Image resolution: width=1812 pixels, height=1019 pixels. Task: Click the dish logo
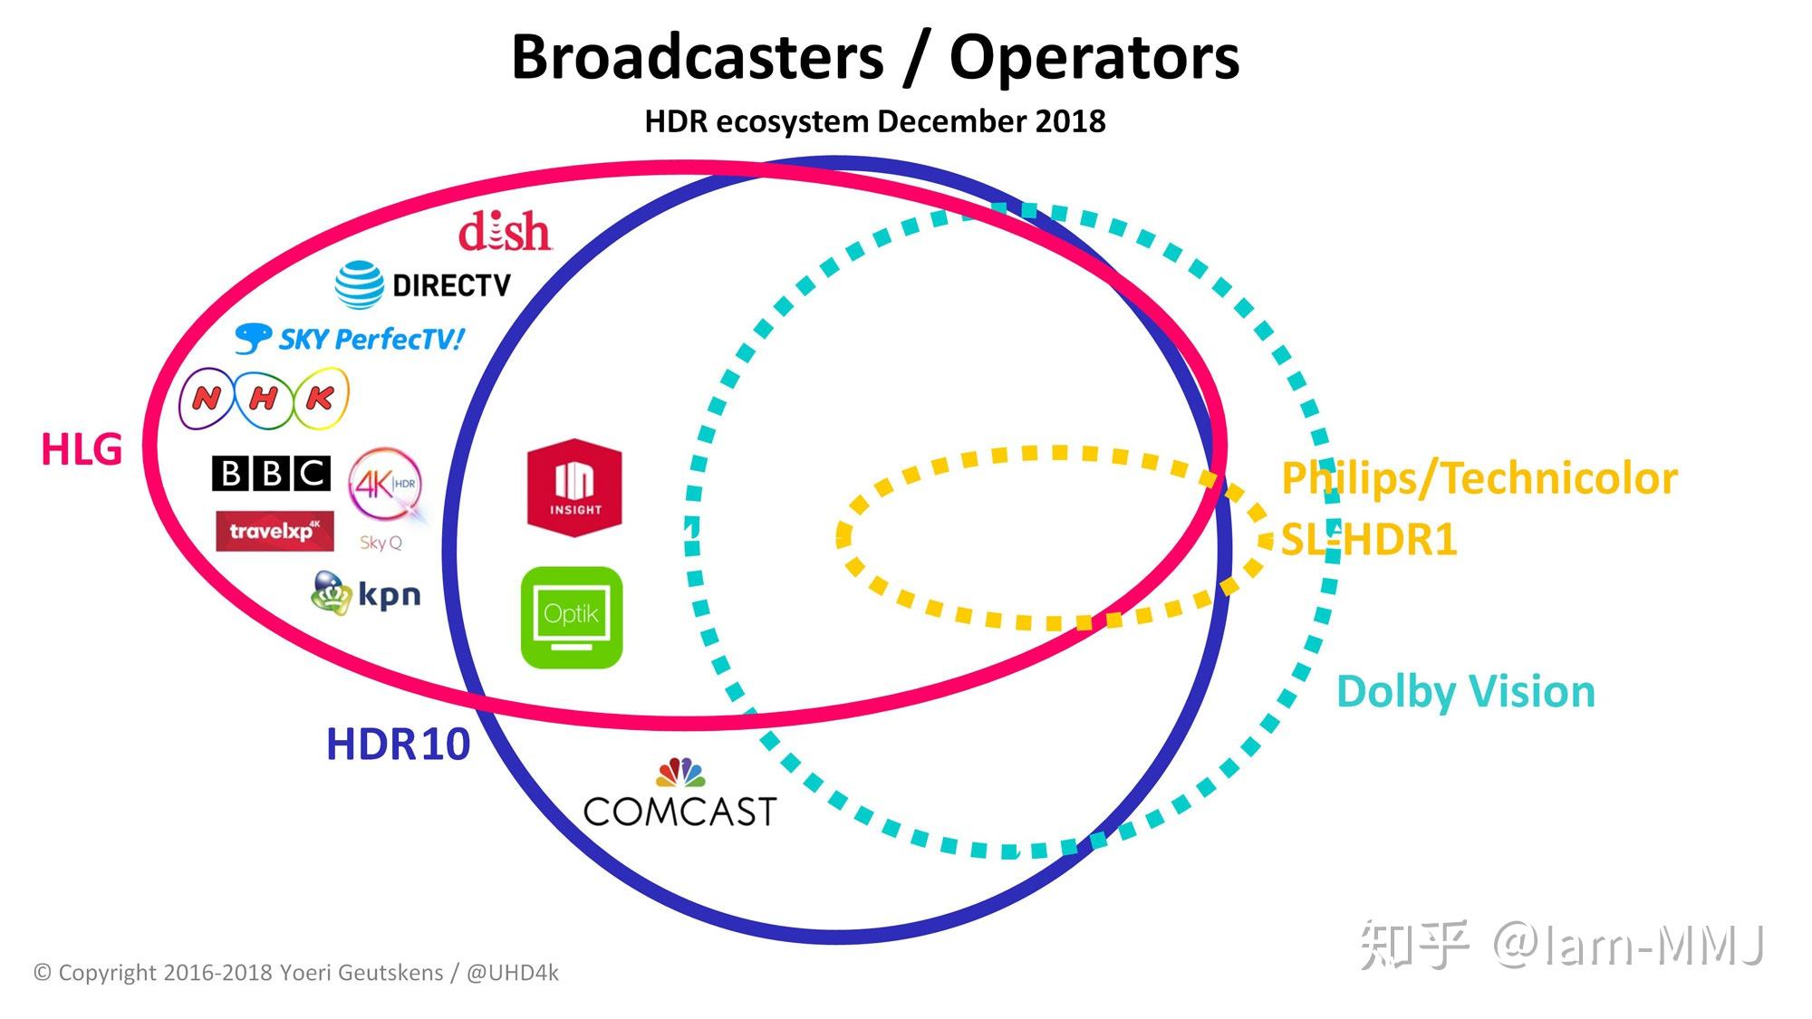[505, 232]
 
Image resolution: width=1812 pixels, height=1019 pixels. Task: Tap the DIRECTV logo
[423, 285]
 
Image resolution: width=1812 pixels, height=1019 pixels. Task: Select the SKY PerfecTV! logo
[350, 340]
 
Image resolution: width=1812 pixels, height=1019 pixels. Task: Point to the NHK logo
[264, 399]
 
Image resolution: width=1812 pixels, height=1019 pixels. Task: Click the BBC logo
[271, 473]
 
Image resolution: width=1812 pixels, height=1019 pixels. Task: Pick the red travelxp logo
[275, 531]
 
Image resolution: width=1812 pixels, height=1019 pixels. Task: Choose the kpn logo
[366, 593]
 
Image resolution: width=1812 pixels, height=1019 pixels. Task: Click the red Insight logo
[574, 488]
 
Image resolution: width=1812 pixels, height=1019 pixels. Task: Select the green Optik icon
[572, 618]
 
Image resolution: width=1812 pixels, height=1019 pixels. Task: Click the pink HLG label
[82, 449]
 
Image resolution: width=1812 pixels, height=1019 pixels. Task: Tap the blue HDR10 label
[398, 745]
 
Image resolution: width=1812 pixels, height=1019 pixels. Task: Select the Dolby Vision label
[1465, 692]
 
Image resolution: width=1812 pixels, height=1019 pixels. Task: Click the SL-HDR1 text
[1368, 540]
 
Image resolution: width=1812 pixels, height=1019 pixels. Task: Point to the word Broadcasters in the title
[697, 57]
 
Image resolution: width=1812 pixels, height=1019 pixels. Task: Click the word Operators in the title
[1094, 57]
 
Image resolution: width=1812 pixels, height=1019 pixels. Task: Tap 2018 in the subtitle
[1072, 121]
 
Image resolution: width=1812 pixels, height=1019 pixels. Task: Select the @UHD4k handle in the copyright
[512, 973]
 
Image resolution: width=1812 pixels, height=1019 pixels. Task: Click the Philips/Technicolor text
[1479, 478]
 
